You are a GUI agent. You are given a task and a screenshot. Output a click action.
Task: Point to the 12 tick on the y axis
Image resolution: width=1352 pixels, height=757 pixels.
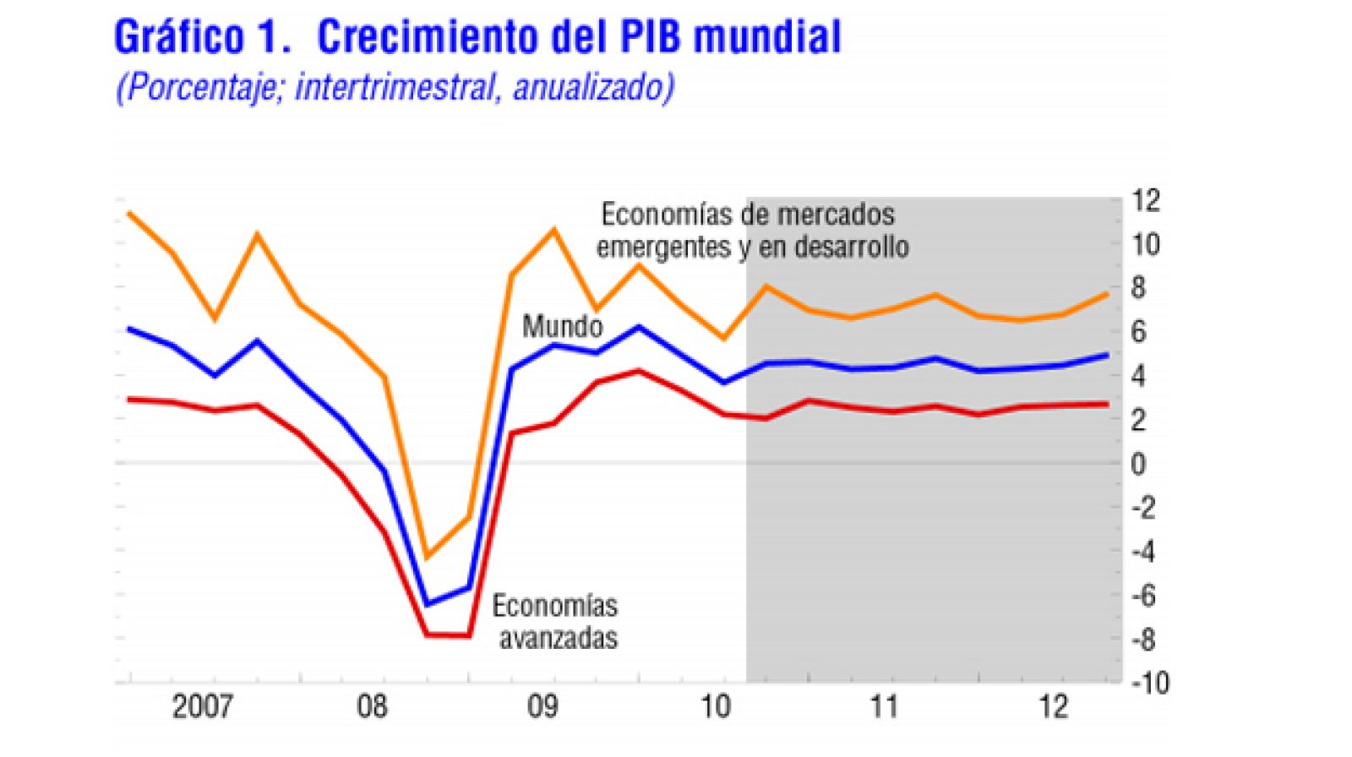(1146, 201)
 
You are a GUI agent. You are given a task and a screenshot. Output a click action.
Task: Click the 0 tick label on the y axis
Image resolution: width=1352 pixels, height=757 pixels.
(1138, 464)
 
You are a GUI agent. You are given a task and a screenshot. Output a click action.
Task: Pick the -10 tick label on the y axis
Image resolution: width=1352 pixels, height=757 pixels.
(1149, 683)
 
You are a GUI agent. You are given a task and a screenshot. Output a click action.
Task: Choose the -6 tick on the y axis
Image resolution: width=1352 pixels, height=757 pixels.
(1144, 596)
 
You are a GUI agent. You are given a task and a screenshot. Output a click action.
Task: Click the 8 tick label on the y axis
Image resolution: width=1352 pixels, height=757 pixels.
(1138, 288)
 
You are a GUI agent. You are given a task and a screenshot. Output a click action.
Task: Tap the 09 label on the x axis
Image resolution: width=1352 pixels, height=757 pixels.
(542, 706)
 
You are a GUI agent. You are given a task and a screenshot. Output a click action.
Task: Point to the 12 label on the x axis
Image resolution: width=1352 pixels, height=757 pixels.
(1054, 706)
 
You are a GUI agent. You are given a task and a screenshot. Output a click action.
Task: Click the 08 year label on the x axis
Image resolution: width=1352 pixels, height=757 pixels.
(372, 706)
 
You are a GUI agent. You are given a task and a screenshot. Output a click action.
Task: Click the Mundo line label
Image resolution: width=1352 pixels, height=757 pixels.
(562, 326)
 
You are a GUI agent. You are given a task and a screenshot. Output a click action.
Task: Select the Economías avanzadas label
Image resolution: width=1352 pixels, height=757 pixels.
(555, 622)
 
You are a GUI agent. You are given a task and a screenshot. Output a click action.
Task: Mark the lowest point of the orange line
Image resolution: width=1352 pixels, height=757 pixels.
(427, 557)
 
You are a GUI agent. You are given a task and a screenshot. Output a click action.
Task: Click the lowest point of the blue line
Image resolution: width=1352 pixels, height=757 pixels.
(427, 604)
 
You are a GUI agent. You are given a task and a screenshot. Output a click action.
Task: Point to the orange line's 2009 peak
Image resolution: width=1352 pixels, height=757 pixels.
(554, 229)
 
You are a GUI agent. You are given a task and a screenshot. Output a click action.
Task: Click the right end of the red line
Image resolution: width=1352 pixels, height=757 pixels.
(1107, 404)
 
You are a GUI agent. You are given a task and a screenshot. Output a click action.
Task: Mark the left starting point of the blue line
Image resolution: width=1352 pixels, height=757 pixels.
(128, 329)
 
